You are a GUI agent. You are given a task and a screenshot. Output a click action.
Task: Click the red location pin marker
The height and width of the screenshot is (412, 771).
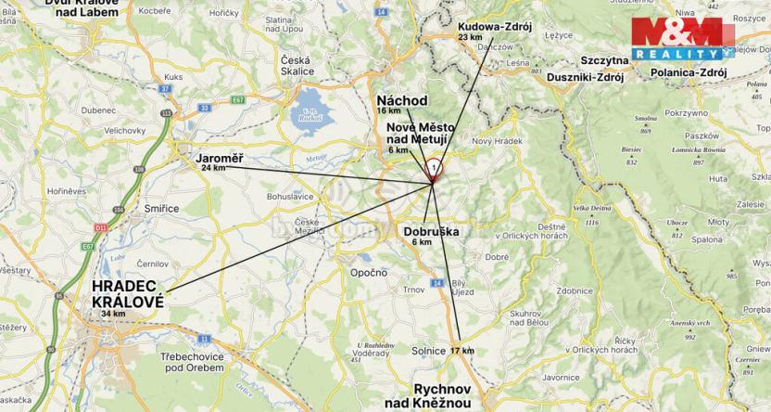pos(434,170)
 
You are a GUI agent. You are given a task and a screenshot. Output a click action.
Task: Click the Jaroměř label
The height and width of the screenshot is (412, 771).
pos(220,159)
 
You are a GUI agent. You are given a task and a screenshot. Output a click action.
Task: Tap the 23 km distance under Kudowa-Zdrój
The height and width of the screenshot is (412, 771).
pos(471,38)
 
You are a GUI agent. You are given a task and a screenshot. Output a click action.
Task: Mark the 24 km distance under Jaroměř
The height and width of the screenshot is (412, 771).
pos(213,169)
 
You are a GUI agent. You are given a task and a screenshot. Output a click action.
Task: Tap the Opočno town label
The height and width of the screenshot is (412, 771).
pos(368,272)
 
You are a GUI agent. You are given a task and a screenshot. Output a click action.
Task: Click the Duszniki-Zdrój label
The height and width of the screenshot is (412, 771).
pos(586,77)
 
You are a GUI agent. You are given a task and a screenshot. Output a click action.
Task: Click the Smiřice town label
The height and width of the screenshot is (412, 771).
pos(161,209)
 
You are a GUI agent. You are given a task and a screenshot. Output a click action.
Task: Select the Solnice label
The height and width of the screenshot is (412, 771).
pos(428,351)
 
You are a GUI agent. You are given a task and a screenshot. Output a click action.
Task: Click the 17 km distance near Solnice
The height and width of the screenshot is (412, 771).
pos(461,351)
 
